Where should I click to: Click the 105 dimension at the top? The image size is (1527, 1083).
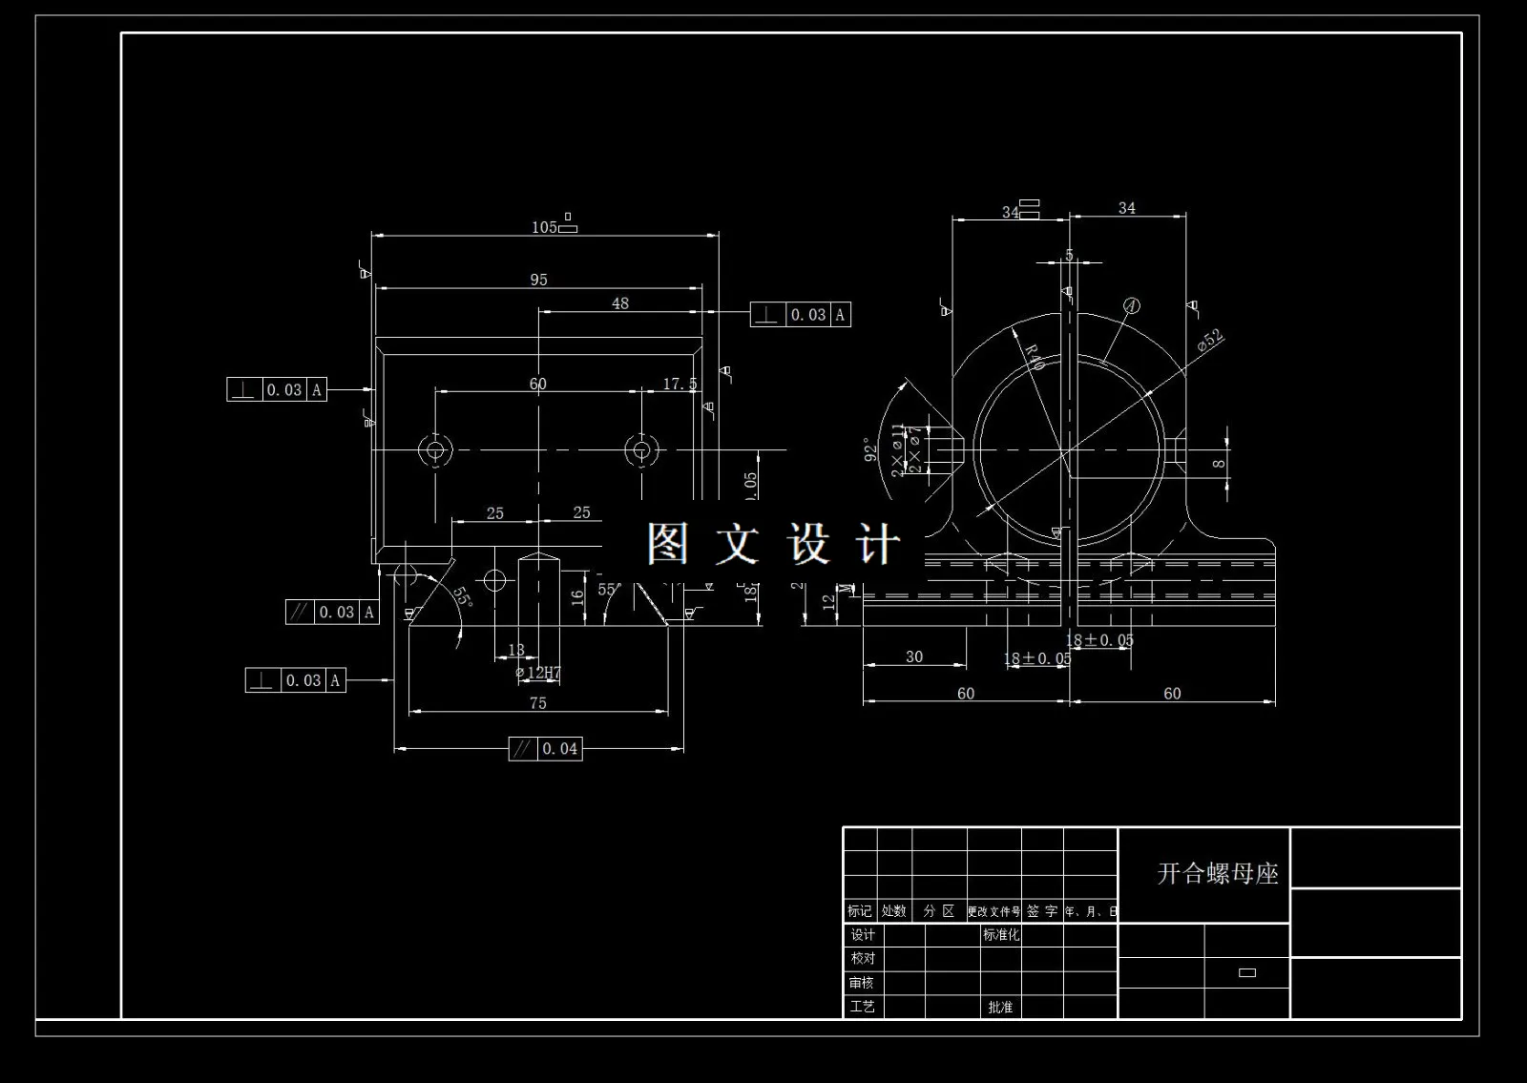[545, 227]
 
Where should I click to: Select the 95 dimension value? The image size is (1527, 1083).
[539, 280]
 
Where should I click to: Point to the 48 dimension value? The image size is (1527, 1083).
[620, 303]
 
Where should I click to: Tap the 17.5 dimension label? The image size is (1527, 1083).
[680, 384]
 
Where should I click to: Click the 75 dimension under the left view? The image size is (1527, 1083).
[538, 703]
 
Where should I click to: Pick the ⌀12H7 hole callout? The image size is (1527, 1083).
[538, 673]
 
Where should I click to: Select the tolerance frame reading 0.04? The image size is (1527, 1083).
[546, 749]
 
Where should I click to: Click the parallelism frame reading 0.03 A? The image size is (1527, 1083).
[332, 613]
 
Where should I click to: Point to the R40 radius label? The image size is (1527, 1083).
[1035, 357]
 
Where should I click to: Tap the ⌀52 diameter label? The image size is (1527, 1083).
[1210, 342]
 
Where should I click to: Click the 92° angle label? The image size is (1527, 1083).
[870, 449]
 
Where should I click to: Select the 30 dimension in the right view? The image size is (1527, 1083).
[914, 656]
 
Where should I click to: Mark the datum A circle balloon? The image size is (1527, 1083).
[1132, 306]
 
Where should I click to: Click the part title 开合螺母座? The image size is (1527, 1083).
[1218, 874]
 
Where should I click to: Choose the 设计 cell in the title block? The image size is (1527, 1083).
[862, 935]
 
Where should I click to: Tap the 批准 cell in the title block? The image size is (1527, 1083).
[1000, 1007]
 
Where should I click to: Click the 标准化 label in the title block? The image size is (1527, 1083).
[1001, 935]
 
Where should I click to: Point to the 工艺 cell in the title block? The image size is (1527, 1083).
[862, 1007]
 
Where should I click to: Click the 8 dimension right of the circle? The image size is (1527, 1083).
[1219, 464]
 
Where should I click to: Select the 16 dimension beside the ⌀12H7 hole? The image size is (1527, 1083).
[577, 597]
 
